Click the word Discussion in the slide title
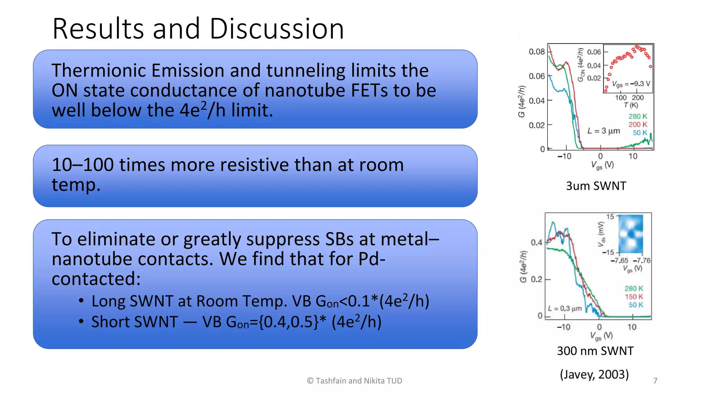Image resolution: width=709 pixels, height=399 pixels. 277,29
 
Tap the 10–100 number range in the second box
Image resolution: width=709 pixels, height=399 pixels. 82,165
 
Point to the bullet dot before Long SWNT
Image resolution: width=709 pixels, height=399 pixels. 81,301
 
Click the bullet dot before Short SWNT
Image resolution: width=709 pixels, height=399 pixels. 81,321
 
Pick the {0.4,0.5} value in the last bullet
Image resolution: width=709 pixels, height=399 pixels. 288,322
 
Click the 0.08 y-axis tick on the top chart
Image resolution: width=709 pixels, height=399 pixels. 536,52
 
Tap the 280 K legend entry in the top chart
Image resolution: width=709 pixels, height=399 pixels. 638,116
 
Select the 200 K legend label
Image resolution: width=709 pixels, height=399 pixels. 638,124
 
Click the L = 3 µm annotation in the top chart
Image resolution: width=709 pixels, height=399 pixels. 603,131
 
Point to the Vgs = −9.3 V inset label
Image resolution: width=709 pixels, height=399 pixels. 631,84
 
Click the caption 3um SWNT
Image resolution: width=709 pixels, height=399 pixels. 596,186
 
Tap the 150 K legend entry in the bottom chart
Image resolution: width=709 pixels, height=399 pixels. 634,296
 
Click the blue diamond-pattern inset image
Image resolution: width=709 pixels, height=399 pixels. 630,234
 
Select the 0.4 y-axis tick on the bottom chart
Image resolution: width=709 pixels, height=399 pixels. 536,242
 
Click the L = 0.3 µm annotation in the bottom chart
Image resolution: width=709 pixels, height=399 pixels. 565,308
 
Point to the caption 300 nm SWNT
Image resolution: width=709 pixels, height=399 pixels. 595,351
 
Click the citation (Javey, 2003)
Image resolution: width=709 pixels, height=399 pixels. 594,374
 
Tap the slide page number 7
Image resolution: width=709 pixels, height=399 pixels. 655,381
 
